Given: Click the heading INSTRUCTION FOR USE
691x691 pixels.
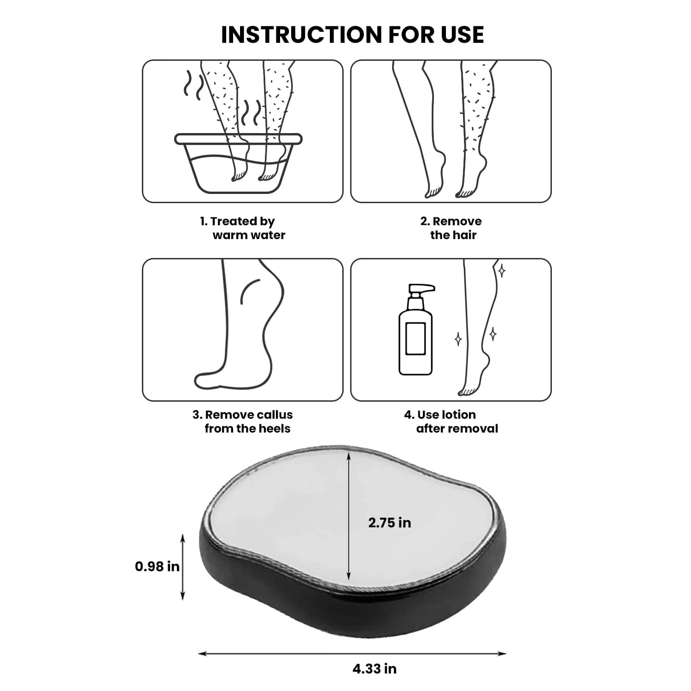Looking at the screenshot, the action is [352, 35].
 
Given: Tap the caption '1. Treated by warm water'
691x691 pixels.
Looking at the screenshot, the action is [243, 228].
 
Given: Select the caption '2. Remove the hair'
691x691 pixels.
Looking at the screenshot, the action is [451, 228].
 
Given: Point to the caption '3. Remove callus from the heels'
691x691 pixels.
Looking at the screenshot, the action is [243, 422].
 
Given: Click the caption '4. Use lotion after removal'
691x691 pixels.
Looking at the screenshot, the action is [451, 422].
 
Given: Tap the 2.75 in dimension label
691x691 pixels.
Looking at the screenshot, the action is [390, 522].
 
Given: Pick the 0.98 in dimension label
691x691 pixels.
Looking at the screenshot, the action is [157, 566].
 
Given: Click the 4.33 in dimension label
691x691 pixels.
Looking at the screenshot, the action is [375, 668].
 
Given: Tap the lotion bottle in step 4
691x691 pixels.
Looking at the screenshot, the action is [416, 329].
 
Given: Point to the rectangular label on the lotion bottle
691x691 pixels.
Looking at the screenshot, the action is [416, 339].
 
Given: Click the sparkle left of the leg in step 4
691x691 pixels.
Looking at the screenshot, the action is [458, 340].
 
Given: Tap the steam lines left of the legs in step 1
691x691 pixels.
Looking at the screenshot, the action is [193, 85].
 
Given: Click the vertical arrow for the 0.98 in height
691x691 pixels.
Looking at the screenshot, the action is [183, 567].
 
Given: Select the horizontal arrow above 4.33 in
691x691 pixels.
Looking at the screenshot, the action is [352, 653].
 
